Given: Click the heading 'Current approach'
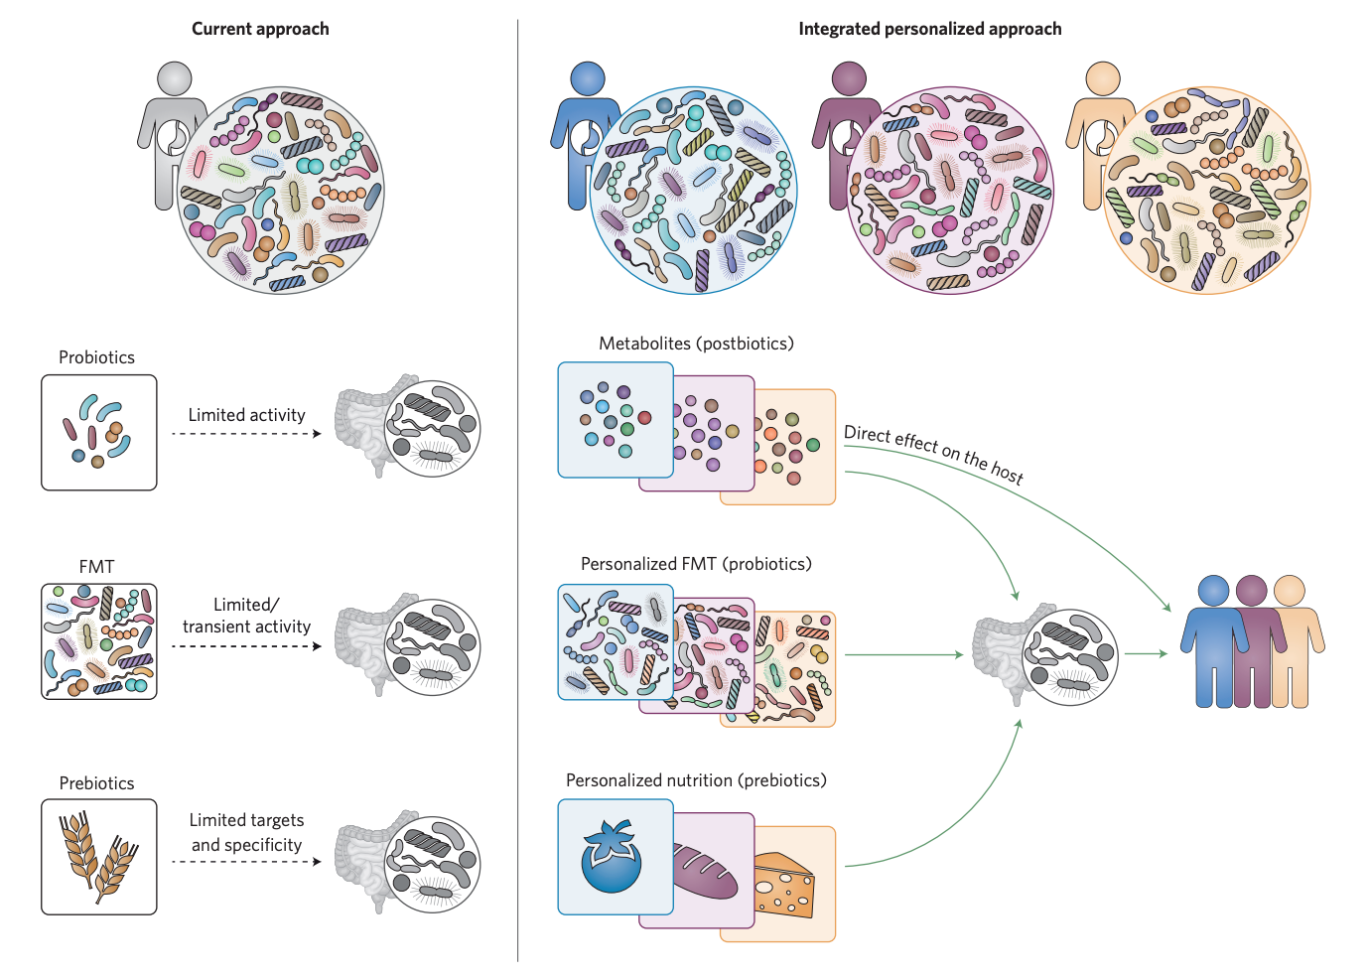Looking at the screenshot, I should pyautogui.click(x=260, y=29).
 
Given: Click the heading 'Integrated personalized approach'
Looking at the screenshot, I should pyautogui.click(x=929, y=29).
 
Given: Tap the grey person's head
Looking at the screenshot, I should pyautogui.click(x=175, y=78).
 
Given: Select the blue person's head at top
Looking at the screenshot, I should pyautogui.click(x=588, y=78).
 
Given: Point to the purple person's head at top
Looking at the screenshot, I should pyautogui.click(x=849, y=78).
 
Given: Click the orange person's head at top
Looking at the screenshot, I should pyautogui.click(x=1103, y=78).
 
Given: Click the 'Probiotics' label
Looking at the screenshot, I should pyautogui.click(x=96, y=357).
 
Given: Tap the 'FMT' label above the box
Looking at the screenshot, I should pyautogui.click(x=96, y=567).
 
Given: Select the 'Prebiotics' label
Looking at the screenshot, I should pyautogui.click(x=96, y=783).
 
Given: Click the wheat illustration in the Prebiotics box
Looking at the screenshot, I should pyautogui.click(x=97, y=857).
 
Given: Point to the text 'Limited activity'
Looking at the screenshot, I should pyautogui.click(x=246, y=415).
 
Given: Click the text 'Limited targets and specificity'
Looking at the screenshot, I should pyautogui.click(x=246, y=832).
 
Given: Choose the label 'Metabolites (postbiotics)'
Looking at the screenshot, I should pyautogui.click(x=696, y=344).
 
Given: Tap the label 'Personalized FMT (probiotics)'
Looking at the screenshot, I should pyautogui.click(x=696, y=564).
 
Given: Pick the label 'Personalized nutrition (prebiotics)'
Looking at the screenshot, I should pyautogui.click(x=696, y=780).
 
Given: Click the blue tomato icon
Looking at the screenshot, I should pyautogui.click(x=611, y=857).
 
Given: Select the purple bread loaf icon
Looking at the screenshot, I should pyautogui.click(x=707, y=871).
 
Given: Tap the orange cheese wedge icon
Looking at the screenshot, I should pyautogui.click(x=784, y=886).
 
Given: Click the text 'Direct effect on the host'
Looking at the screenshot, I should pyautogui.click(x=933, y=453).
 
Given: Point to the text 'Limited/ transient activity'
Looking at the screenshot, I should pyautogui.click(x=246, y=616).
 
